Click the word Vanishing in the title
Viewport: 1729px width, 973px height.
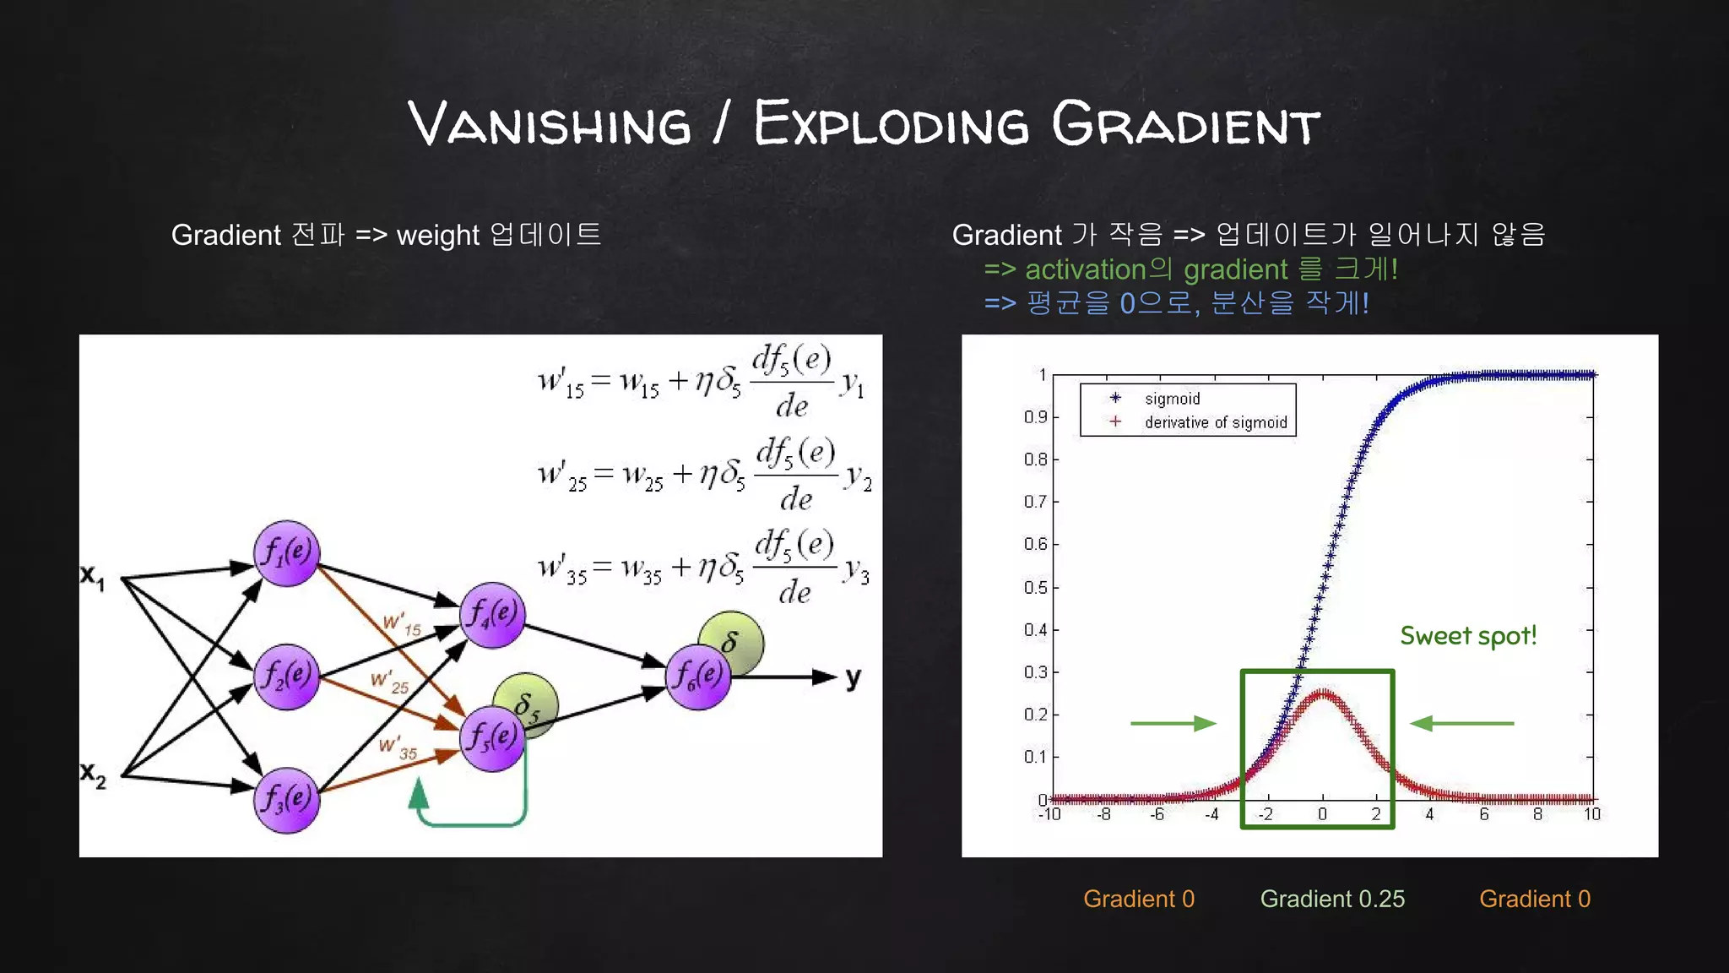click(550, 125)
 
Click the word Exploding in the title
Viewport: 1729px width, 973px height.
click(892, 125)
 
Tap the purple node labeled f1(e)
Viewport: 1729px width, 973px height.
click(287, 553)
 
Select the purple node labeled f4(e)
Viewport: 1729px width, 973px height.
click(493, 614)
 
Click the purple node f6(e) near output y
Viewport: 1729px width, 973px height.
click(698, 677)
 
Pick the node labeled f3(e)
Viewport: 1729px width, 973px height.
click(287, 800)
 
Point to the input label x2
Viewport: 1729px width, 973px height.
click(93, 773)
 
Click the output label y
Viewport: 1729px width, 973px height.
click(854, 677)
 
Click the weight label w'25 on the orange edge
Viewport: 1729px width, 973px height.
click(390, 682)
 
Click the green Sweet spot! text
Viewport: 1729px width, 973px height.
click(1468, 636)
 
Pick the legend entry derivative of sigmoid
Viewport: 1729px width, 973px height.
click(1215, 422)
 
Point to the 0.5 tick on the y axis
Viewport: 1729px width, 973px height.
click(1035, 587)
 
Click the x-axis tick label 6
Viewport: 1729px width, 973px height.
click(1483, 814)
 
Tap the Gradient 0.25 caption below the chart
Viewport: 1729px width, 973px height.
click(1332, 899)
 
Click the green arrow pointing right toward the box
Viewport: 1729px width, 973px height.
click(1173, 723)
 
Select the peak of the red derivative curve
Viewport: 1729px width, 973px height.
click(1323, 693)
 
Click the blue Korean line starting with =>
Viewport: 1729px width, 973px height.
click(1176, 302)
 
